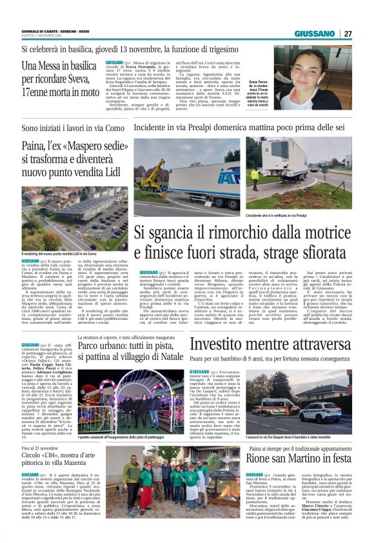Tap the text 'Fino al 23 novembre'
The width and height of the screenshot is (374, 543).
(x=39, y=448)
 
